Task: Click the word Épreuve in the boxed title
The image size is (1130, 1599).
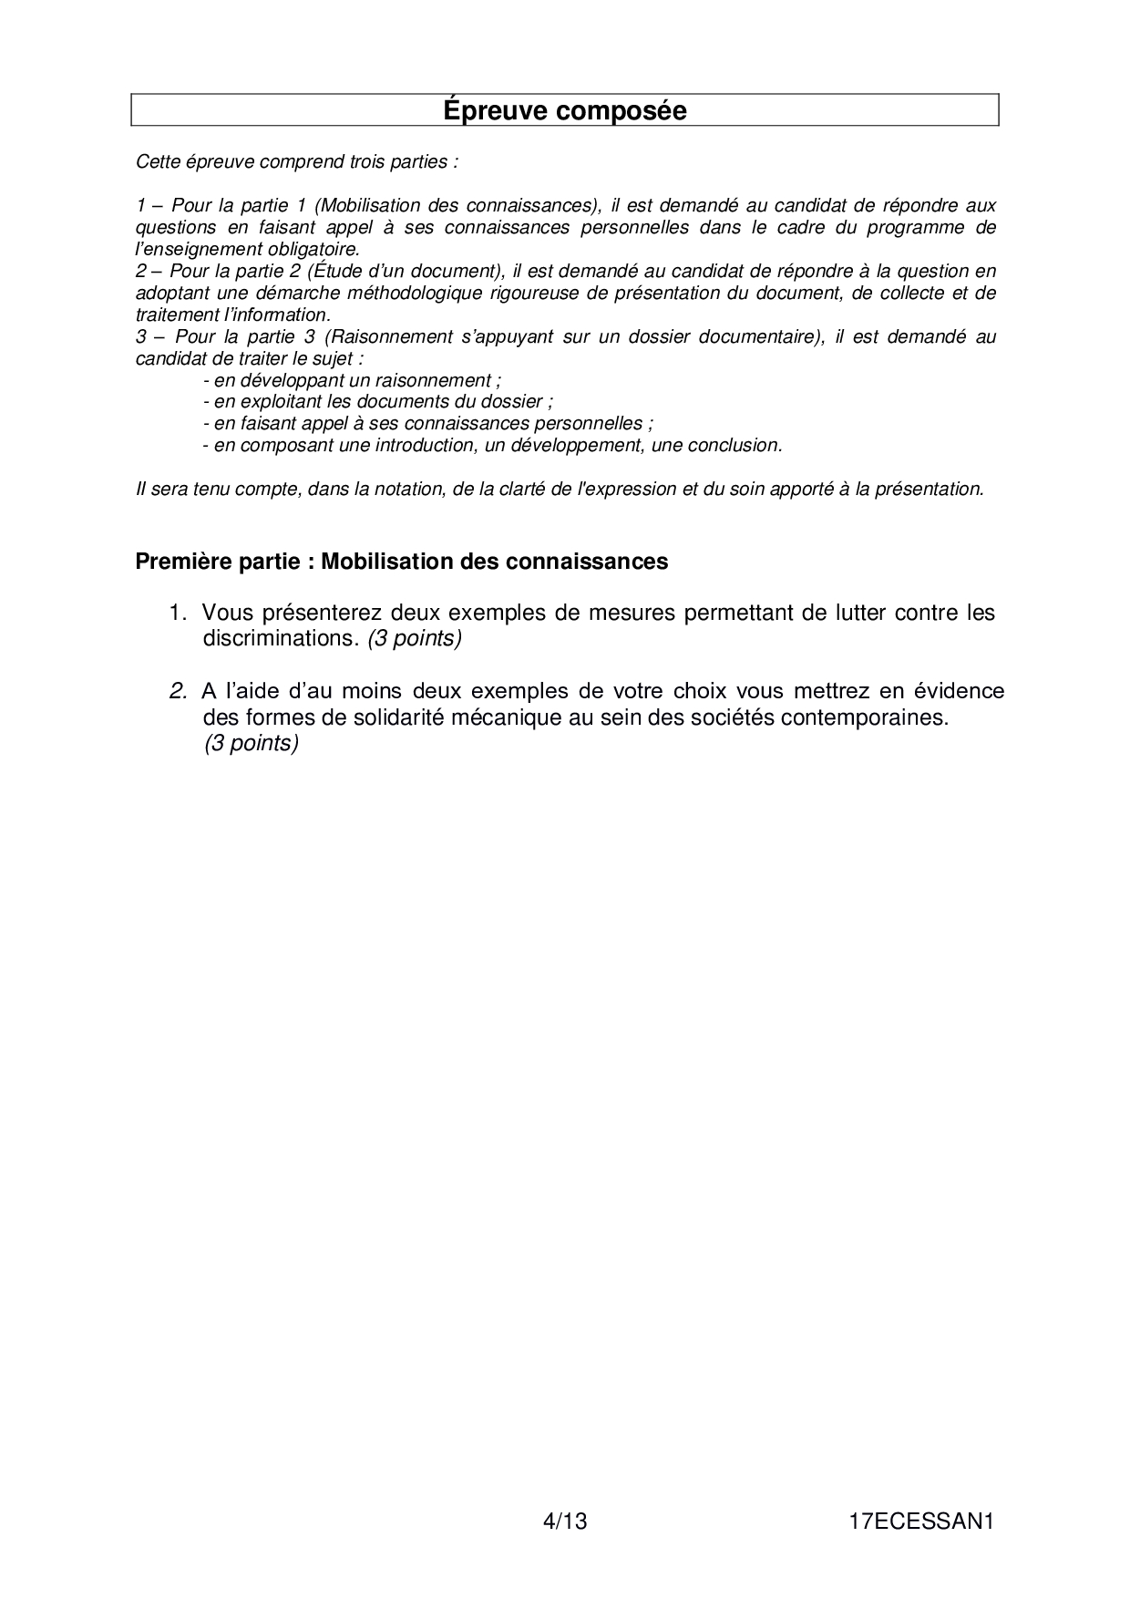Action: (497, 111)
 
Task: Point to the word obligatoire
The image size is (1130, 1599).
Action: (313, 249)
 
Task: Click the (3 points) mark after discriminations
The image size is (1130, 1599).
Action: (415, 638)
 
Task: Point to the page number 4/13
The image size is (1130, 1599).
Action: (564, 1522)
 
